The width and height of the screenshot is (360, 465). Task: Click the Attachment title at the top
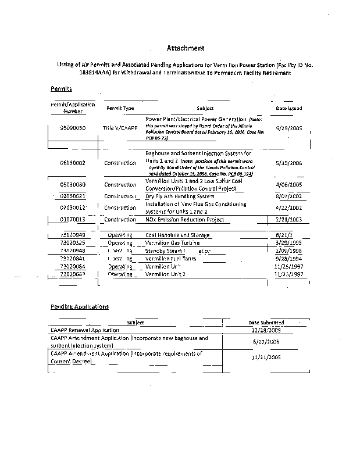[186, 48]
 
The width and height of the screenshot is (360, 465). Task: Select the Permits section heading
[60, 89]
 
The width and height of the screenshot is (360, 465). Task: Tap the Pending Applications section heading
[79, 306]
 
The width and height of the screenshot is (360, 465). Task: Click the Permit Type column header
[120, 108]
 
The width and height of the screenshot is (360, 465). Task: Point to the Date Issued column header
[288, 108]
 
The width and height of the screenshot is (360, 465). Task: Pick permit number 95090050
[73, 127]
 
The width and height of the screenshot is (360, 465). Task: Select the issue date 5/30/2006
[288, 163]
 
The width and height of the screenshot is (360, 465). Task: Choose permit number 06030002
[73, 163]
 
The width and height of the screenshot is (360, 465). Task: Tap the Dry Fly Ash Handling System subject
[180, 196]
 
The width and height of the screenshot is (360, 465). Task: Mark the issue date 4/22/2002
[288, 208]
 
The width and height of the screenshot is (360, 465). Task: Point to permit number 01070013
[73, 220]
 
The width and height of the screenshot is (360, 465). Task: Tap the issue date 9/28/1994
[288, 257]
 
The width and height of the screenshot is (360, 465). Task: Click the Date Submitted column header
[266, 322]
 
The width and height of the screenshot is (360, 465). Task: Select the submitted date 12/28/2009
[266, 330]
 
